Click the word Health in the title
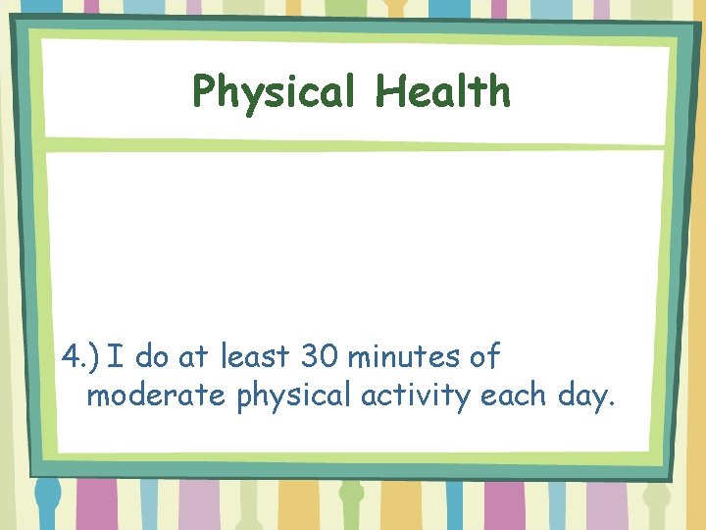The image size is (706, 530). (442, 91)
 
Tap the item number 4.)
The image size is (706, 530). (81, 355)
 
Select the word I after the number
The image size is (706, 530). (117, 355)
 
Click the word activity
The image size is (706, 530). (414, 397)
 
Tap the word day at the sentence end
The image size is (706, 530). (584, 397)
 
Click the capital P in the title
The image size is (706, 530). (205, 92)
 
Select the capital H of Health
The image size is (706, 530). (388, 91)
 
